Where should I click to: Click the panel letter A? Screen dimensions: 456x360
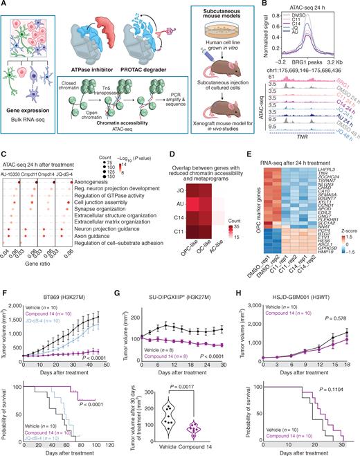[x=5, y=6]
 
